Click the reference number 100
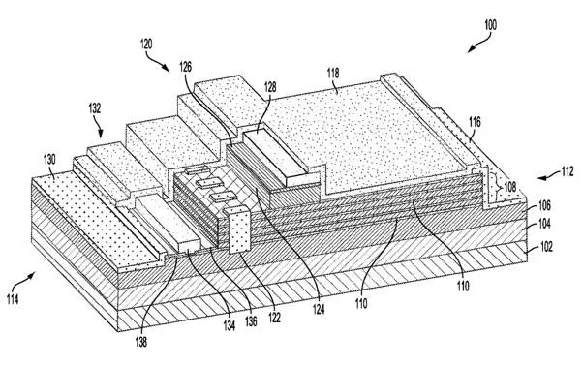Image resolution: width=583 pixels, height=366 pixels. click(x=490, y=25)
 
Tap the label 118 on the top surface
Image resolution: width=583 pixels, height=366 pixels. click(x=333, y=73)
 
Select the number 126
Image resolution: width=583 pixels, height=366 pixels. click(x=186, y=67)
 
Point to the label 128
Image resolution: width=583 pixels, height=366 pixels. click(x=270, y=87)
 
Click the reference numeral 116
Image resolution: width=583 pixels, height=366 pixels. click(x=475, y=122)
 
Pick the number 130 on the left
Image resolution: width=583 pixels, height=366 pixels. click(x=49, y=160)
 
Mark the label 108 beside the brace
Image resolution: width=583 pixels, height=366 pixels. click(x=509, y=187)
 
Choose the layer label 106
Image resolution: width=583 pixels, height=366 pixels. click(x=544, y=205)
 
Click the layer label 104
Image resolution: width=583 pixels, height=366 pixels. click(x=544, y=224)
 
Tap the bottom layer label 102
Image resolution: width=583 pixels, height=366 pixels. click(x=546, y=246)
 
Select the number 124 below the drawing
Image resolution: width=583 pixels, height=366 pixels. click(x=319, y=309)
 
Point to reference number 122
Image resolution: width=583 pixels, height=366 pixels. click(x=274, y=317)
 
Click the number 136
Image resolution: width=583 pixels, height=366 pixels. click(x=251, y=321)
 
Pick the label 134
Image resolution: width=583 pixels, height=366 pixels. click(x=230, y=325)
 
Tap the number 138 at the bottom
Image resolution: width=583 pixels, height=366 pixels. click(x=141, y=342)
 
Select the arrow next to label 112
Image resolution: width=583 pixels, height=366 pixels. click(x=548, y=176)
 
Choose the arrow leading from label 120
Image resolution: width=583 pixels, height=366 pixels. click(x=156, y=61)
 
